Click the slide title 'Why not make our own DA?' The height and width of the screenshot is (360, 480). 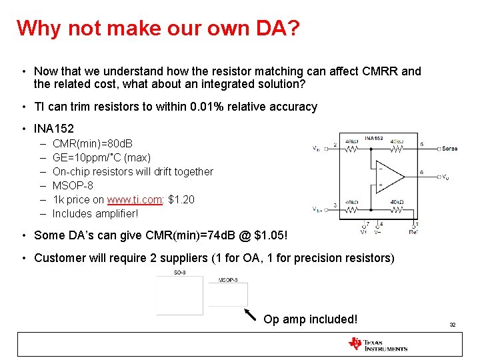point(158,28)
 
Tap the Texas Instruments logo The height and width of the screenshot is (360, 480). point(377,344)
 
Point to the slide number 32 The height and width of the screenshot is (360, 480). point(452,325)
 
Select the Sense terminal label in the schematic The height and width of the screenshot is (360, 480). point(449,149)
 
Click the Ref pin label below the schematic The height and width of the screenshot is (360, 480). point(415,232)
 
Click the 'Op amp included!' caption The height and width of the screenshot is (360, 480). point(310,319)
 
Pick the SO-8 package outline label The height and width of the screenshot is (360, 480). point(180,273)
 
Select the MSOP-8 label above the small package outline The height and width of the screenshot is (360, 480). point(228,281)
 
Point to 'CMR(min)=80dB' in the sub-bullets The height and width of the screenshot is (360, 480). point(92,143)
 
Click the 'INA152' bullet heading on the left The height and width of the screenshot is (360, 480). point(53,128)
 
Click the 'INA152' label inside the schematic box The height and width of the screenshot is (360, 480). point(374,138)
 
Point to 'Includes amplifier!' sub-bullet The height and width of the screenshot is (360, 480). point(95,213)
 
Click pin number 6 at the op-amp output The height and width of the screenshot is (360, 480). point(421,173)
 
